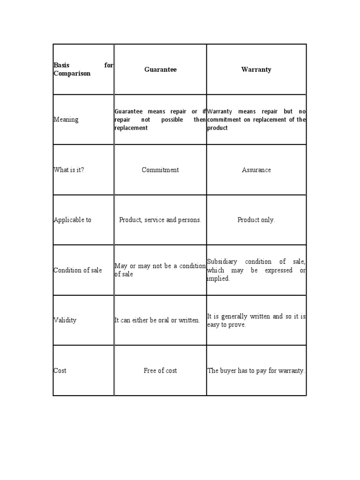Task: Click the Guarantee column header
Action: coord(160,69)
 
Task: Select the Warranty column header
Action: coord(256,69)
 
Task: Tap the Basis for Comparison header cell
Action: coord(83,69)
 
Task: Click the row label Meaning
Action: coord(66,120)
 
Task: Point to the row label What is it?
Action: coord(69,170)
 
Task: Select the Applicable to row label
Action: coord(73,220)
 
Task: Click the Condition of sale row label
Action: coord(78,270)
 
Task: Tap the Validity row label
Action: coord(65,320)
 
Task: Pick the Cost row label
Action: coord(60,370)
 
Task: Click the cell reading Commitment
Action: coord(160,170)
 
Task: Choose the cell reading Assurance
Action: coord(256,170)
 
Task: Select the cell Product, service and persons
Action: coord(160,220)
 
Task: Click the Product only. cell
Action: coord(256,220)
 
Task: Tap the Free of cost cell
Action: coord(160,370)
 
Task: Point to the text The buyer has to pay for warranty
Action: coord(256,370)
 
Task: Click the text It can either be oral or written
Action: coord(157,320)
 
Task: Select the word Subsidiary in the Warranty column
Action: coord(222,262)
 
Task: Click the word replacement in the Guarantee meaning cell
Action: coord(131,128)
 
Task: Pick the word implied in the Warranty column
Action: coord(218,278)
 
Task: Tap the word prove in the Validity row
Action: coord(237,324)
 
